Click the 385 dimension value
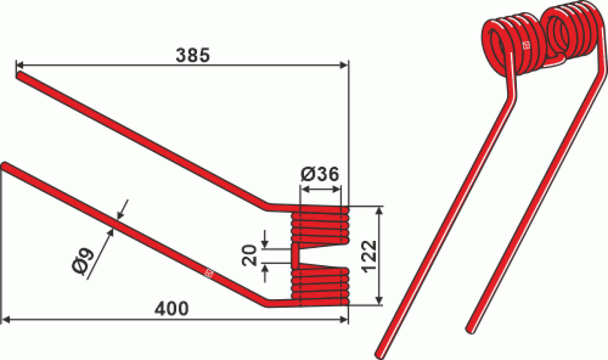click(193, 55)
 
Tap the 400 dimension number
click(171, 308)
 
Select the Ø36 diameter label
click(320, 174)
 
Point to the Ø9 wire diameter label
click(83, 261)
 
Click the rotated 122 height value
click(369, 257)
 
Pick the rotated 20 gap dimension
click(249, 255)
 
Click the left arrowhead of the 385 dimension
click(20, 65)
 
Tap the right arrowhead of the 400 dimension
click(344, 319)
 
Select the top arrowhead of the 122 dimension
click(379, 210)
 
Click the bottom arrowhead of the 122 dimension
click(379, 301)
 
